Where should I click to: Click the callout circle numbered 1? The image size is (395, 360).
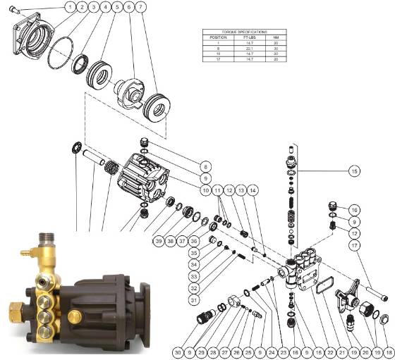[71, 7]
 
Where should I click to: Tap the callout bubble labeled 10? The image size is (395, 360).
[205, 190]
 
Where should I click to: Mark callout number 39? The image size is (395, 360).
[159, 241]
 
